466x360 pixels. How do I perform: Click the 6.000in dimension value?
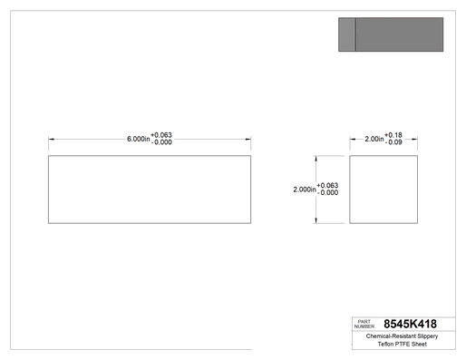pos(138,139)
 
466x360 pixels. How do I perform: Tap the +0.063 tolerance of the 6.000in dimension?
pos(161,135)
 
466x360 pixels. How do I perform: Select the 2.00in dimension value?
pos(374,139)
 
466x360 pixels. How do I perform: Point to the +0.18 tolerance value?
pos(393,135)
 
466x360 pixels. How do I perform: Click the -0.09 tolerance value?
pos(393,142)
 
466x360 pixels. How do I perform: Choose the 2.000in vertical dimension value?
pos(305,190)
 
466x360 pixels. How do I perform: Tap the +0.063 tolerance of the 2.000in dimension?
pos(327,185)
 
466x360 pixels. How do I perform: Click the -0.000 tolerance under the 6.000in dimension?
pos(161,142)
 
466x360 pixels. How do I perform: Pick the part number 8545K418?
pos(410,324)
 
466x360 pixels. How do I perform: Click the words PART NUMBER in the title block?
pos(364,324)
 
